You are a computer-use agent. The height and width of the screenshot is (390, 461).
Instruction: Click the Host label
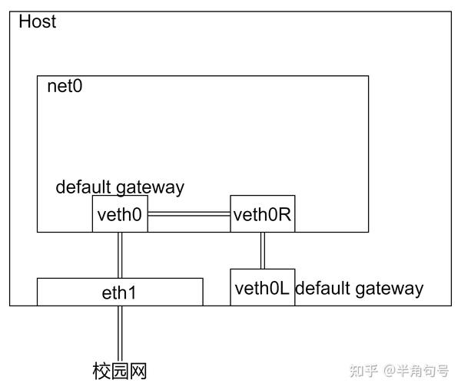tap(37, 21)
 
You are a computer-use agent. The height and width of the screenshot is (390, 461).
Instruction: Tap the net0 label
tap(65, 85)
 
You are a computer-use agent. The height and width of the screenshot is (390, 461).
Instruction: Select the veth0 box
tap(120, 214)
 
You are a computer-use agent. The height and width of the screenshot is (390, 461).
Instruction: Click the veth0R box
tap(263, 214)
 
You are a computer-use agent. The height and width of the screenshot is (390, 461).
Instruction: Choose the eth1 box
tap(120, 292)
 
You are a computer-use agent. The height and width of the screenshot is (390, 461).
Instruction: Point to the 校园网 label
tap(120, 372)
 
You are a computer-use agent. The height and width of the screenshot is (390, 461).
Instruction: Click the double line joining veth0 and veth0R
tap(189, 215)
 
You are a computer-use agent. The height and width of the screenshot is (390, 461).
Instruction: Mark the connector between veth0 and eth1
tap(120, 255)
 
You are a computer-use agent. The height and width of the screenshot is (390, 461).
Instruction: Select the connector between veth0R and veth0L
tap(263, 250)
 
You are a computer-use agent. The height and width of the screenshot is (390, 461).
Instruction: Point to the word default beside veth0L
tap(323, 289)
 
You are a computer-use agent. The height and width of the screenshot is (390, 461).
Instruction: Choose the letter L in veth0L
tap(286, 289)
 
